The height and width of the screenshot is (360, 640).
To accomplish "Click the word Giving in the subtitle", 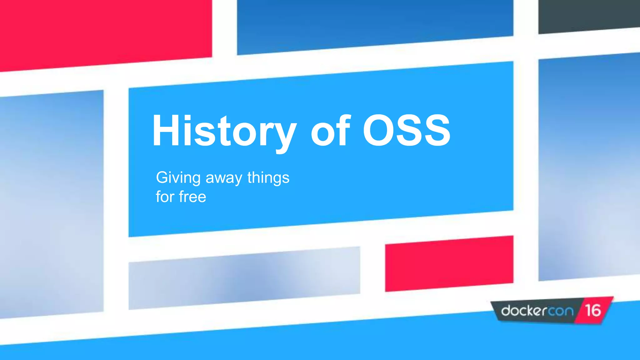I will pos(178,178).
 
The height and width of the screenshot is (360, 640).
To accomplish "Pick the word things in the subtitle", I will pos(268,178).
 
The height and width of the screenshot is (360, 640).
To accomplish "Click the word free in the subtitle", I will pos(192,197).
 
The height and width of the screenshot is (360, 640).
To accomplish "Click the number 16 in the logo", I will pos(593,310).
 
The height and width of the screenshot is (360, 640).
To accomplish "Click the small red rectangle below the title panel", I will pos(449,263).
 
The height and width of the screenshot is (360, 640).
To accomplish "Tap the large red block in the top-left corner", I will pos(103,31).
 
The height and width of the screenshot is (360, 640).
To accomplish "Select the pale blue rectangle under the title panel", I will pos(244,278).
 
